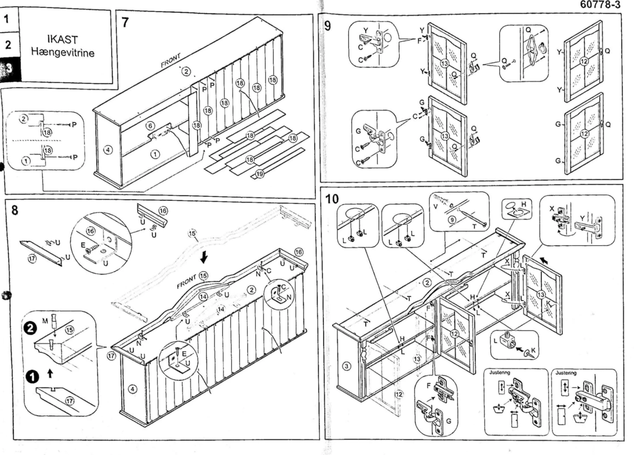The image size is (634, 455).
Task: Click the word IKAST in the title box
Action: (62, 39)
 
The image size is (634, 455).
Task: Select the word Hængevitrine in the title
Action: (63, 52)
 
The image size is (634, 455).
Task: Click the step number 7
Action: (125, 22)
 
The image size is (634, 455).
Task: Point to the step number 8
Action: (15, 210)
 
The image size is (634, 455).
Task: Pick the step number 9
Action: (328, 26)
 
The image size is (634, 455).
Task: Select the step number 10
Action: (332, 199)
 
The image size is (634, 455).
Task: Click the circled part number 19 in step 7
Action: (260, 174)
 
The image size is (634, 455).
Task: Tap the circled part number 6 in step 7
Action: (150, 126)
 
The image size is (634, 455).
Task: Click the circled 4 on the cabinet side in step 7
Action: (108, 150)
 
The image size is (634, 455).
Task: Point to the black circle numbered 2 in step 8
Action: (30, 328)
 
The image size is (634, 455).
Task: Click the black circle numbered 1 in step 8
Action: (32, 377)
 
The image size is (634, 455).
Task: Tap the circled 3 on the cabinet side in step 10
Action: (347, 366)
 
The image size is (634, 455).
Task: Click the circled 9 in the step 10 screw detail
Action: (452, 220)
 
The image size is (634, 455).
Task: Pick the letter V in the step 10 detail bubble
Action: (435, 207)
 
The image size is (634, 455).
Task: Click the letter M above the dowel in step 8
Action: (45, 320)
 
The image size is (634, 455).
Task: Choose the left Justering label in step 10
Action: (499, 372)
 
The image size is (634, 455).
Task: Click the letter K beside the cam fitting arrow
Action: (533, 350)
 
